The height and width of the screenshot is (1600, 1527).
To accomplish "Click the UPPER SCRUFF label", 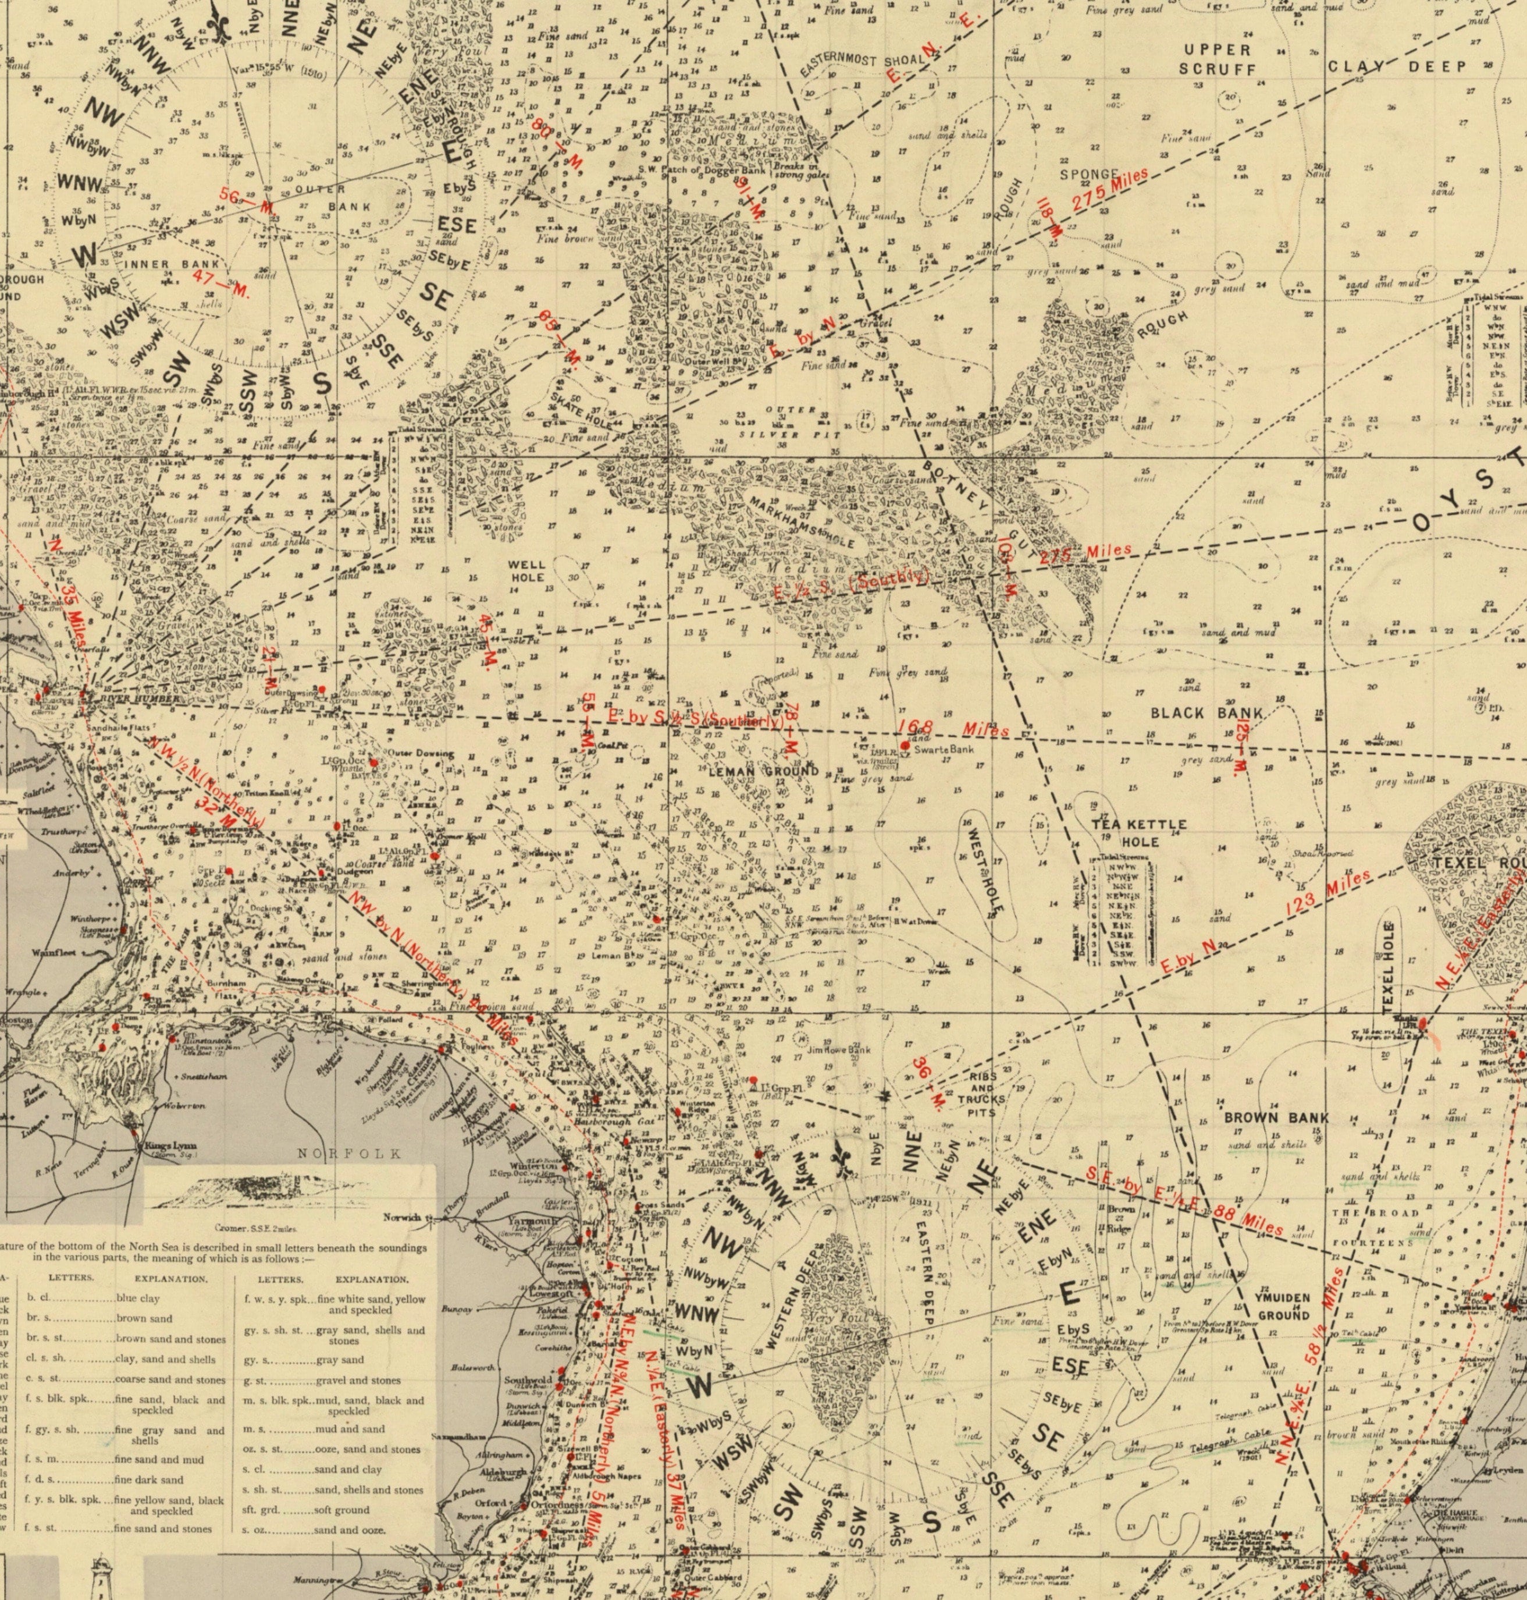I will (x=1218, y=59).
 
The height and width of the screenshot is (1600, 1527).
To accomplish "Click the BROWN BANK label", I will (x=1276, y=1118).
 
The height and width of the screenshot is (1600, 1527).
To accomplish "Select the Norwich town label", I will (x=404, y=1218).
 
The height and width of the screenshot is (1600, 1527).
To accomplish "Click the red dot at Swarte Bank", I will (x=905, y=745).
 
